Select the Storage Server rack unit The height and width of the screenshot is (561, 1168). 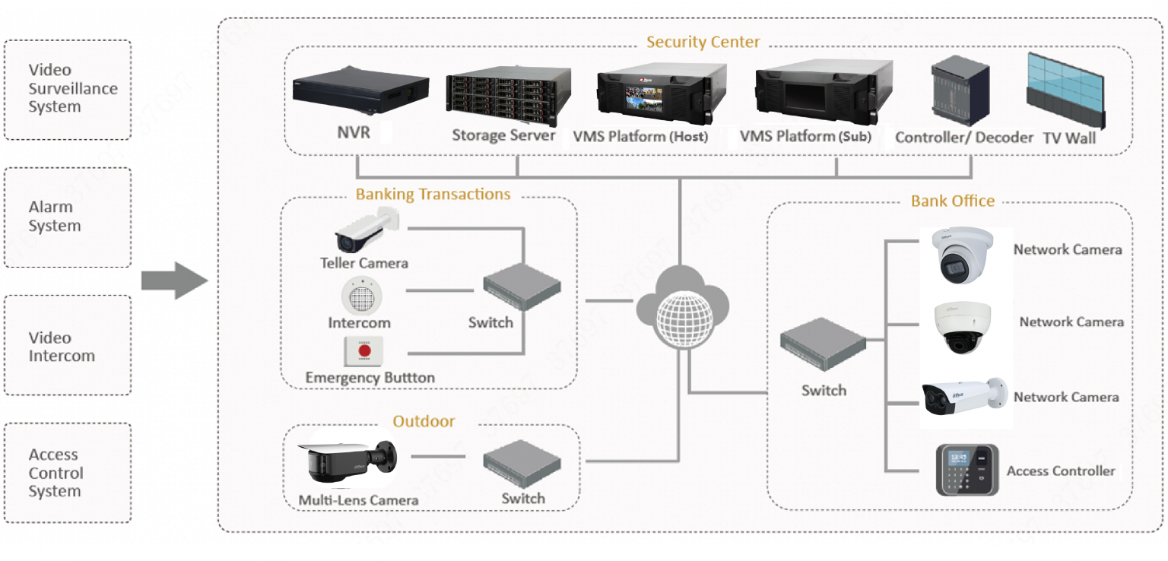tap(509, 95)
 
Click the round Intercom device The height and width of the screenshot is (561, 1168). tap(359, 296)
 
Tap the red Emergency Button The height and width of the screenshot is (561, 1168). tap(365, 351)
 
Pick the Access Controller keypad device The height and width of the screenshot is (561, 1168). tap(966, 470)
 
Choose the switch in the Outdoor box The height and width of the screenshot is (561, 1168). tap(522, 463)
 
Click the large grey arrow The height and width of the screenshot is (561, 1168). tap(174, 280)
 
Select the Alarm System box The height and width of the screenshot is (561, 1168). tap(67, 217)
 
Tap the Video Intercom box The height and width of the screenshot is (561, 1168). tap(67, 347)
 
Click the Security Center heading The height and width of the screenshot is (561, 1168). tap(703, 42)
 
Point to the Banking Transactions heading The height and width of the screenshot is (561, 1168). tap(433, 195)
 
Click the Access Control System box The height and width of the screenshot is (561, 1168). tap(67, 473)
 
